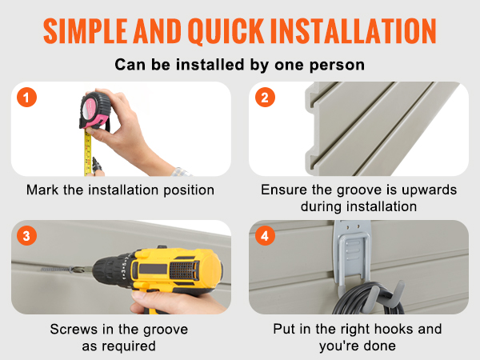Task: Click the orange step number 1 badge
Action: coord(26,98)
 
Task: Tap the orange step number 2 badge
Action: coord(265,98)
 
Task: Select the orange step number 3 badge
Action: coord(26,236)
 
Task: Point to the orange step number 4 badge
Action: coord(265,236)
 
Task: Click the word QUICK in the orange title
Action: coord(226,31)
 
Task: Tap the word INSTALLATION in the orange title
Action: coord(354,30)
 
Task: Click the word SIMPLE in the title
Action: coord(85,30)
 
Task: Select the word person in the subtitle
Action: coord(337,66)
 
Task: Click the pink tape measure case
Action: coord(95,110)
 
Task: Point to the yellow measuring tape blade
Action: coord(87,152)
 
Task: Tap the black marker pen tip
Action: coord(94,161)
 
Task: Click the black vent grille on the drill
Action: coord(184,270)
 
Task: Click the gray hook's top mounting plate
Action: coord(352,227)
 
